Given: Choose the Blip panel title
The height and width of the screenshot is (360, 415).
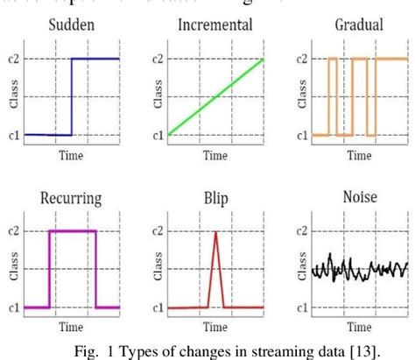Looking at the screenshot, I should coord(215,198).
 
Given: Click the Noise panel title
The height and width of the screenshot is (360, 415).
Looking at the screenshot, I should coord(360,198).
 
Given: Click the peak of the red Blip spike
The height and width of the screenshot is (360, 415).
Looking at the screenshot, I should coord(215,233).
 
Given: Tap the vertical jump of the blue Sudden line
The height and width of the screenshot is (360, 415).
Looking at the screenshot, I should coord(72,96).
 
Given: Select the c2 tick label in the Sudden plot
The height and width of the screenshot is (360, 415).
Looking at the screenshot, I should coord(11,59).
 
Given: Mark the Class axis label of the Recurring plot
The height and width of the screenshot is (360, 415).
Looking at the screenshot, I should coord(12,270).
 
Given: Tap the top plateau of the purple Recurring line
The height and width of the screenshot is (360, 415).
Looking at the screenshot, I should coord(72,231).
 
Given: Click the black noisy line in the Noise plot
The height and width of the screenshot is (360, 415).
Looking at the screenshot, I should coord(360,267).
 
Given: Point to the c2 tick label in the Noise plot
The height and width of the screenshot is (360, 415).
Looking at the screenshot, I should coord(299,230).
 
